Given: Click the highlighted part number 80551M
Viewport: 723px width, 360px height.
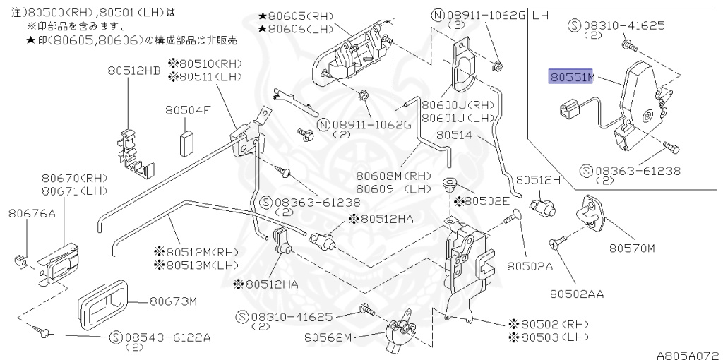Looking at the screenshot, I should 572,77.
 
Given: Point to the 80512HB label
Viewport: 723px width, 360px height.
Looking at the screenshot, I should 134,70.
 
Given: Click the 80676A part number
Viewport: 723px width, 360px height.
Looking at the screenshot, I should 32,212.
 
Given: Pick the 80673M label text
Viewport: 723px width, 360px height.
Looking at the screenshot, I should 172,301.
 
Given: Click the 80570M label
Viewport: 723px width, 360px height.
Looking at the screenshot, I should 633,248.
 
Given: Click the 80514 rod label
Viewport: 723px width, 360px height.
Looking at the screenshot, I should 452,133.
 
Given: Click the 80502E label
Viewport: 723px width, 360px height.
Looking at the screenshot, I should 487,201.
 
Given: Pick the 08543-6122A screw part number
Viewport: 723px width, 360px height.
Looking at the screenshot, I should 167,337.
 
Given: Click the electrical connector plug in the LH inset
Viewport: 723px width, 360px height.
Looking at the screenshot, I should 568,111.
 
